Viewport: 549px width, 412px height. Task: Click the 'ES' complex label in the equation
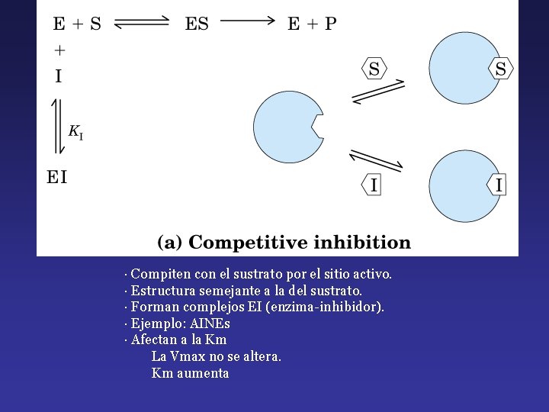coord(197,24)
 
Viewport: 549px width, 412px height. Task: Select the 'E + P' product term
coord(311,24)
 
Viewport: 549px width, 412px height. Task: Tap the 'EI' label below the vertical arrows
coord(57,178)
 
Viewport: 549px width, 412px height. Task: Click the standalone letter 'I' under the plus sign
coord(59,76)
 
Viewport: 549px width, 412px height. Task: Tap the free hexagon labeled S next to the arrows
coord(374,69)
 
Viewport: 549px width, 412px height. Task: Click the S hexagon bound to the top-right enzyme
coord(500,69)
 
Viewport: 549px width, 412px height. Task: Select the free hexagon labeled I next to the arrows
coord(373,185)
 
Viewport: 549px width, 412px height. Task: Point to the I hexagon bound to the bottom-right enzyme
coord(499,185)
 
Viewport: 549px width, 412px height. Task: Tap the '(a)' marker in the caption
coord(169,243)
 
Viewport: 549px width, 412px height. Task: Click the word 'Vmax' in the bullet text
coord(188,356)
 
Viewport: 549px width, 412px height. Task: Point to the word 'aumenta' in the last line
coord(202,373)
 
